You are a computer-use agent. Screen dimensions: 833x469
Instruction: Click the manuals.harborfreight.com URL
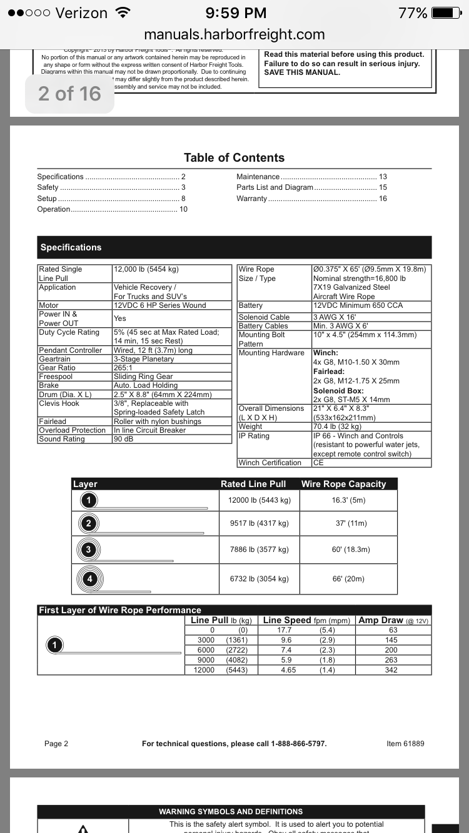tap(234, 34)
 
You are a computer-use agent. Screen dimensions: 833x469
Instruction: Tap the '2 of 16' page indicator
tap(69, 94)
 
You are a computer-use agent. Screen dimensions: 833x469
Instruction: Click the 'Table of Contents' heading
tap(234, 158)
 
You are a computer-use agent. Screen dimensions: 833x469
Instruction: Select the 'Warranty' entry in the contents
tap(251, 199)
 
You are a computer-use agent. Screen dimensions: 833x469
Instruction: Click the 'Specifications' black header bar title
tap(71, 247)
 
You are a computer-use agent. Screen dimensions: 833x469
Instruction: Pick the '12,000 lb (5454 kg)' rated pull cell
tap(146, 269)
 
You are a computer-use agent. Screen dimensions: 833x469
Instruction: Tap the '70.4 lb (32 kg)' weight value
tap(337, 426)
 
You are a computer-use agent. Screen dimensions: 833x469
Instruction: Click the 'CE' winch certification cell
tap(318, 463)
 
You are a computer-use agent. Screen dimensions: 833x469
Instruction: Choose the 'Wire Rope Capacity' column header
tap(343, 484)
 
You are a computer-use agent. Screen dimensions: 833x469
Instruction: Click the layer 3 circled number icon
tap(89, 550)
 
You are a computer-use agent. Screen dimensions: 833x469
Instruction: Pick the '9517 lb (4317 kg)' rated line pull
tap(255, 523)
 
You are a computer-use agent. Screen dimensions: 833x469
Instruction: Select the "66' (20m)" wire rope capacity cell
tap(348, 579)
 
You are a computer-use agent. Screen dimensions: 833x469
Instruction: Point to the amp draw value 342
tap(393, 670)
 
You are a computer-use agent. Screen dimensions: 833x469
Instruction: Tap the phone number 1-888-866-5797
tap(299, 744)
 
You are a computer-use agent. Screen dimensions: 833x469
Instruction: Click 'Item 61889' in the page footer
tap(405, 744)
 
